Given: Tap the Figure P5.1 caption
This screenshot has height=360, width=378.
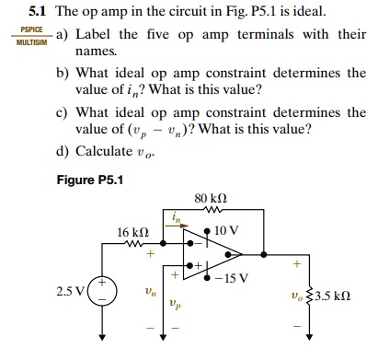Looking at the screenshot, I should (x=88, y=179).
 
